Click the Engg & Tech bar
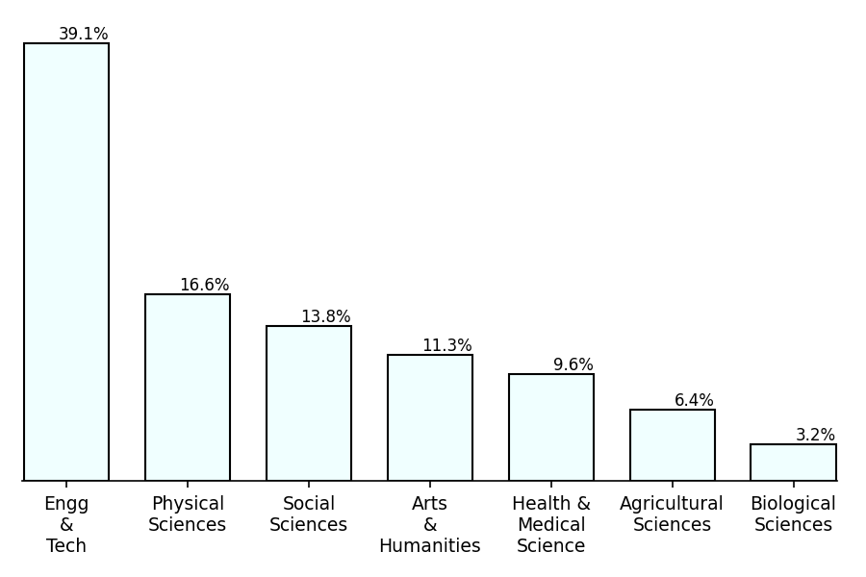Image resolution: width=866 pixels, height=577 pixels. pos(66,262)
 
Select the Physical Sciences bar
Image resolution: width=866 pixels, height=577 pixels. pos(188,387)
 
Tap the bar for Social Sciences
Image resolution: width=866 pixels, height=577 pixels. pos(309,403)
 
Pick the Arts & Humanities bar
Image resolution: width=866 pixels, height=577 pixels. pos(430,417)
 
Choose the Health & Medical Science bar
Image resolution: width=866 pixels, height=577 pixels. pos(551,427)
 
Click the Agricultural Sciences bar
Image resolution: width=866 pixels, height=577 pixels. pos(673,444)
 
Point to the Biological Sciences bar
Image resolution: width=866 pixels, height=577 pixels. pos(793,462)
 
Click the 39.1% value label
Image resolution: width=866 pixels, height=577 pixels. pos(84,35)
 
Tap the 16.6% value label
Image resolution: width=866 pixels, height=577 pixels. pos(204,286)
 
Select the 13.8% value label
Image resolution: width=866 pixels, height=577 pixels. pos(325,317)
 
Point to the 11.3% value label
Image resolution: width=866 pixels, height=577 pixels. pos(446,346)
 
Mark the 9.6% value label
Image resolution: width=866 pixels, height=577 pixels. pos(573,365)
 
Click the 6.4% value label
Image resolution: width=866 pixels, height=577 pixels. pos(694,401)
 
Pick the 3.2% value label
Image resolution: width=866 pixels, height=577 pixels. pos(815,436)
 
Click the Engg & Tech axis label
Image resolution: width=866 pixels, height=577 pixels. pos(66,525)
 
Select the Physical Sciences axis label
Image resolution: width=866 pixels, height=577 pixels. pos(188,514)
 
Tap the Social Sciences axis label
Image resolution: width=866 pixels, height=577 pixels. pos(309,514)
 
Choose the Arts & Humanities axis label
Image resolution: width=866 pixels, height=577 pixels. pos(430,525)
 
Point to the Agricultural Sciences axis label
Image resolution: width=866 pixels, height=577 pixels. pos(672,514)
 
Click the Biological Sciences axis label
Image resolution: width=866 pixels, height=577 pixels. pos(793,514)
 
